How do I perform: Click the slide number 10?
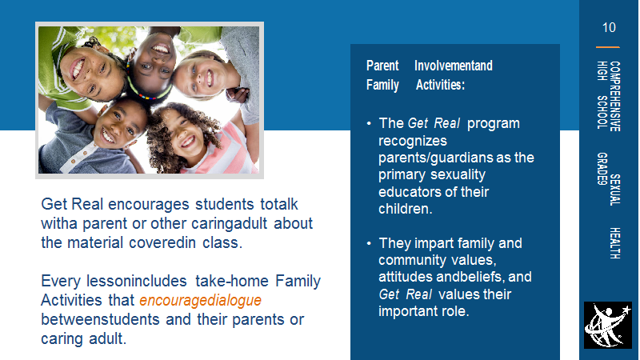[609, 27]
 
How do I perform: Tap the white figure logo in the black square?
[607, 326]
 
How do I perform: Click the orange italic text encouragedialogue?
[201, 301]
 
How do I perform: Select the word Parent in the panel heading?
[382, 66]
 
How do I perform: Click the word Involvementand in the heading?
[454, 66]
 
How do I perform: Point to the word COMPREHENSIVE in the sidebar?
[614, 96]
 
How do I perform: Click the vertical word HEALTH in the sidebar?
[614, 243]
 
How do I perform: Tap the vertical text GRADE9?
[602, 169]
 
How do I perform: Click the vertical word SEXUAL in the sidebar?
[614, 190]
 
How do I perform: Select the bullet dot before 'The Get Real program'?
[369, 123]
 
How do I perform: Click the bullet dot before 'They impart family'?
[369, 243]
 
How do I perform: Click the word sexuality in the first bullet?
[458, 175]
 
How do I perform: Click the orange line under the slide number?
[608, 47]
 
